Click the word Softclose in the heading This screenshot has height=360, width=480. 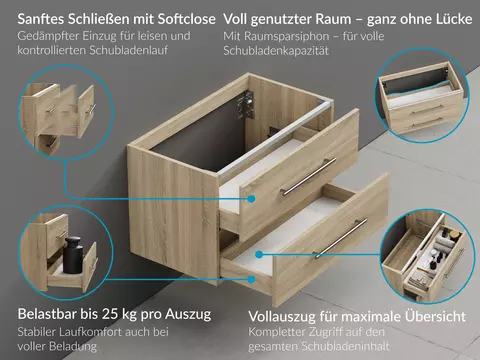point(186,19)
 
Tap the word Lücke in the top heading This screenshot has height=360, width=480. point(453,19)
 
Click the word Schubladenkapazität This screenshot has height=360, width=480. point(276,51)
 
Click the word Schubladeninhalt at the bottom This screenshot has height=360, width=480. point(345,346)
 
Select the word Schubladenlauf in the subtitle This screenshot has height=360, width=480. point(129,50)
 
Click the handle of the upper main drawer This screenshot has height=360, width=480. point(308,176)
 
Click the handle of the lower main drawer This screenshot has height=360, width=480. point(340,239)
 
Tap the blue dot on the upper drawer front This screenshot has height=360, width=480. point(252,199)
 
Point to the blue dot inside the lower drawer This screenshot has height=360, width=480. point(259,255)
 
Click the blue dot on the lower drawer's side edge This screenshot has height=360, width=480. point(252,279)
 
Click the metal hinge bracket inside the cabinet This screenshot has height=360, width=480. point(246,104)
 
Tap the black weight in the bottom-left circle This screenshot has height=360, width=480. point(73,254)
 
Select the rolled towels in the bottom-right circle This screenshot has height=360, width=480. point(443,242)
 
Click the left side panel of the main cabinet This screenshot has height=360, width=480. point(173,212)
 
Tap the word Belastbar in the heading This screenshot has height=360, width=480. point(48,314)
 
